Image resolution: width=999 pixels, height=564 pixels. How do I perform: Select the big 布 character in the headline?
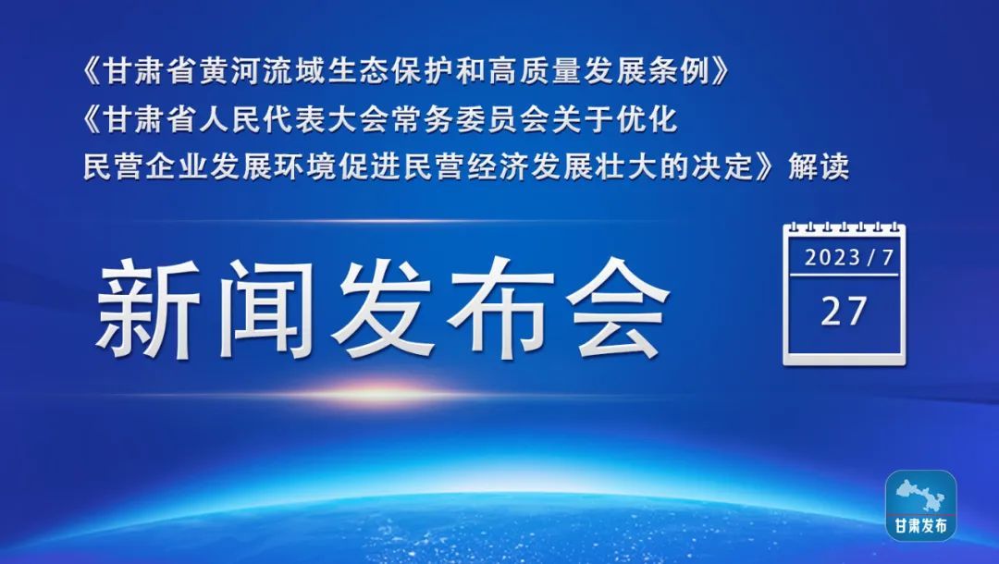pos(500,309)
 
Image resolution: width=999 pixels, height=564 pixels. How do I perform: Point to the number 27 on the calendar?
pos(844,312)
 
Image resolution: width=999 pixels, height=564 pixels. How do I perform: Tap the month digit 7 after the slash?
pos(887,258)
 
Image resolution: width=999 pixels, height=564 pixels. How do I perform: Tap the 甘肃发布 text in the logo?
pos(920,526)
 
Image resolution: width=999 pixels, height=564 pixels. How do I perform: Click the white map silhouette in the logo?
pos(920,496)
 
